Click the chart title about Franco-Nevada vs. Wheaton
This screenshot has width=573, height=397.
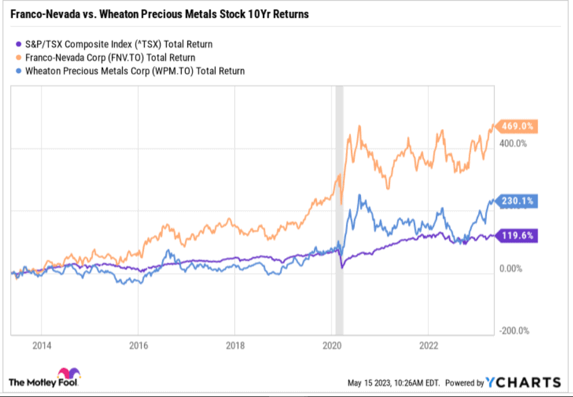pos(160,14)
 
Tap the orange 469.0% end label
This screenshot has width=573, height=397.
pos(518,126)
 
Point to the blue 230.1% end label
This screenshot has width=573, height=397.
pos(518,201)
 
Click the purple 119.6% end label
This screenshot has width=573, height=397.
pos(518,237)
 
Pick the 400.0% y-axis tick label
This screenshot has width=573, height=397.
pos(512,143)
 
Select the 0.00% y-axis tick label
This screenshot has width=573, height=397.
pos(511,269)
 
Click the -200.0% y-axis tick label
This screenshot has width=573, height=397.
pos(513,331)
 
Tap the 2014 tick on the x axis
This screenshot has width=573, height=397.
pos(41,345)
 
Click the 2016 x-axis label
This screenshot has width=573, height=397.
pos(138,345)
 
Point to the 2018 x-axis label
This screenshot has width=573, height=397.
pos(235,345)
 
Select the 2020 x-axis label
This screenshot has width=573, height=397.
pos(331,345)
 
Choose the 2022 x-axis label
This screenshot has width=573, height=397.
pos(428,345)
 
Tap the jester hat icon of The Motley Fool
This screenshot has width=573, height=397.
pos(67,374)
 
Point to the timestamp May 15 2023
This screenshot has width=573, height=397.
pos(394,383)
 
